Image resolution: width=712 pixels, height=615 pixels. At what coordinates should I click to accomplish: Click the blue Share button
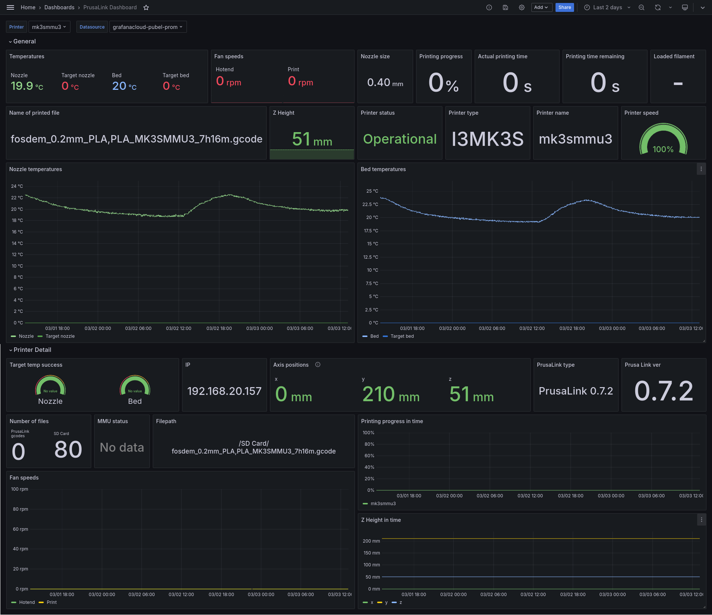coord(564,7)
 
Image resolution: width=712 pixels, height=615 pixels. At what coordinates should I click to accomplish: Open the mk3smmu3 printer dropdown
coord(49,27)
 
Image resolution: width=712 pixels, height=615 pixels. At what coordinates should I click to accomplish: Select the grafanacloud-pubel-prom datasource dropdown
coord(148,27)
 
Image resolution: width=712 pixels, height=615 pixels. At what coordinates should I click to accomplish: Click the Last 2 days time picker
coord(607,7)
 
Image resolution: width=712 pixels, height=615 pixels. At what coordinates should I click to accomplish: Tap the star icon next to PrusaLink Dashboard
coord(146,7)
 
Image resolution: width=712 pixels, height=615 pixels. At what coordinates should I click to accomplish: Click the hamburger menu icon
coord(10,7)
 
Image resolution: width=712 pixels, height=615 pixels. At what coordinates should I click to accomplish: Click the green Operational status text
coord(399,139)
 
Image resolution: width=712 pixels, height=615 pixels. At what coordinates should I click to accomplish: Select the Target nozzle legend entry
coord(60,336)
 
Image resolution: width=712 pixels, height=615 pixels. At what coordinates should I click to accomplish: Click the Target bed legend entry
coord(402,336)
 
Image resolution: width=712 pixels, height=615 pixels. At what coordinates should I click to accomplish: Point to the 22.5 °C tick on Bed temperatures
coord(370,205)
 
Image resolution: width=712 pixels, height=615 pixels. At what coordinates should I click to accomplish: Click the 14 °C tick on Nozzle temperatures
coord(17,243)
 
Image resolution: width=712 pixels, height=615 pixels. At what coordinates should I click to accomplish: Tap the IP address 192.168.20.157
coord(224,391)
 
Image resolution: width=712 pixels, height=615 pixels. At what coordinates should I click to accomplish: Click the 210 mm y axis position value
coord(391,394)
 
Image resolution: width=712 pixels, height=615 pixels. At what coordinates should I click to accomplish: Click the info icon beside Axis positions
coord(318,365)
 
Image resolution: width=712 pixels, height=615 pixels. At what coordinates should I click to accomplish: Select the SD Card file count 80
coord(68,449)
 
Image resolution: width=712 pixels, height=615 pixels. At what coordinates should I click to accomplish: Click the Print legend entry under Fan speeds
coord(52,602)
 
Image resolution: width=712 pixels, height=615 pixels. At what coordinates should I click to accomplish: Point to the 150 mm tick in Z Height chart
coord(372,553)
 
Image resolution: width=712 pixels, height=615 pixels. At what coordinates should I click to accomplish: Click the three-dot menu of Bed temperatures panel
coord(701,169)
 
